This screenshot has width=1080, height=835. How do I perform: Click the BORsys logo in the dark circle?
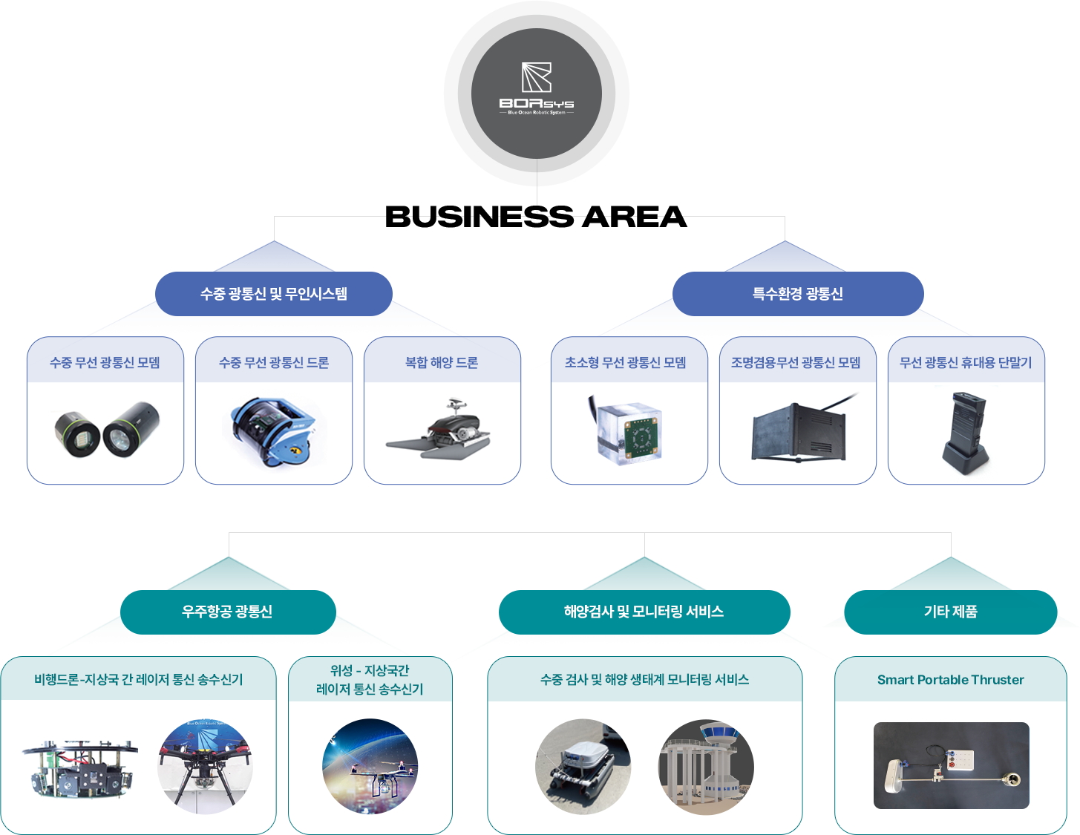tap(536, 88)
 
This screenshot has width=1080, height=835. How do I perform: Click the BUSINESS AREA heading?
tap(536, 217)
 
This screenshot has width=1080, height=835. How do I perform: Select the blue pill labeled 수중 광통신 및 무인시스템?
tap(273, 294)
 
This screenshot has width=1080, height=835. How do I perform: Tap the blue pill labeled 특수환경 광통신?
tap(797, 294)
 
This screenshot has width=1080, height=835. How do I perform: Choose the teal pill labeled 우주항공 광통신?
tap(228, 612)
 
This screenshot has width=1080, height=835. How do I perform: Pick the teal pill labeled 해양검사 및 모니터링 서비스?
tap(644, 612)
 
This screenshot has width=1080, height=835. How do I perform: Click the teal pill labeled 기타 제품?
tap(950, 612)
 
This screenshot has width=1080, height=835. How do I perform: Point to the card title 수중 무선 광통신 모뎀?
tap(105, 363)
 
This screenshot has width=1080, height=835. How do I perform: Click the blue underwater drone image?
tap(273, 431)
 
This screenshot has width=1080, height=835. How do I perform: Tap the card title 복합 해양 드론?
tap(442, 363)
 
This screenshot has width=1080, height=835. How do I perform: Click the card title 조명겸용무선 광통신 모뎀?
tap(795, 363)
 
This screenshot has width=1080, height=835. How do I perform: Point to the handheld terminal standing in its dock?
tap(965, 433)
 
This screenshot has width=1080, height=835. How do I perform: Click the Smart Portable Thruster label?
tap(950, 680)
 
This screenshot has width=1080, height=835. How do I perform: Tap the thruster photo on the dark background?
tap(951, 765)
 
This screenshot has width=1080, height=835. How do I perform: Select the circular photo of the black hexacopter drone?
tap(205, 767)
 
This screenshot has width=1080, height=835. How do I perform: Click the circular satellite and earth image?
tap(370, 767)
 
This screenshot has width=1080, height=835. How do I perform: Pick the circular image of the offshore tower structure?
tap(706, 767)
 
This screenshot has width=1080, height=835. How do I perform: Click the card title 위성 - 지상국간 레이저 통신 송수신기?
tap(369, 680)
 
